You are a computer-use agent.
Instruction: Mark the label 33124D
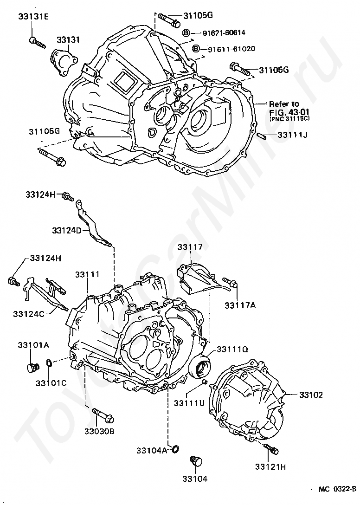tap(67, 230)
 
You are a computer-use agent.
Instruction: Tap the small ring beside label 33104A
tap(176, 449)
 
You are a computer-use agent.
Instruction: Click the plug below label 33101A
tap(32, 368)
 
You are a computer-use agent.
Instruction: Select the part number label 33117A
tap(239, 305)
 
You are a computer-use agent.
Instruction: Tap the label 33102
tap(310, 395)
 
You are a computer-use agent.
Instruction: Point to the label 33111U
tap(189, 402)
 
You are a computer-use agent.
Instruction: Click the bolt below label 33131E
tap(37, 42)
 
